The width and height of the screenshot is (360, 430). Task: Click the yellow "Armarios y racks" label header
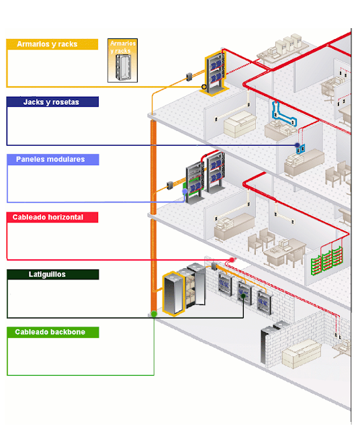coord(52,44)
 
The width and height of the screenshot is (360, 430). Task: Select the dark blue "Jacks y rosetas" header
coord(52,101)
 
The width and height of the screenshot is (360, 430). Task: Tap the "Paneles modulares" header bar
coord(53,159)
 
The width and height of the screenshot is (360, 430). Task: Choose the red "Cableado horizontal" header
coord(52,217)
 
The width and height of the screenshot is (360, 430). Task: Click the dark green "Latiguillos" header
coord(53,274)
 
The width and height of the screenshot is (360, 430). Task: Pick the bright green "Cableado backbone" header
coord(53,332)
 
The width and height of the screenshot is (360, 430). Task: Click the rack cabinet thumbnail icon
coord(122,60)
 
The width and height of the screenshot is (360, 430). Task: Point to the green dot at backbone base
coord(154,314)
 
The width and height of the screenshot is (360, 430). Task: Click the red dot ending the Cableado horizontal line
coord(232,260)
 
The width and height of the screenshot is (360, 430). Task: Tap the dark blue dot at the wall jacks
coord(298,145)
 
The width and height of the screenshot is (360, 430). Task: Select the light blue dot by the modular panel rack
coord(185,191)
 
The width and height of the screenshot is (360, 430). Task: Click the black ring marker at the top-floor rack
coord(204,87)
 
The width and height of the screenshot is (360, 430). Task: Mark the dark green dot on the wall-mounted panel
coord(243,296)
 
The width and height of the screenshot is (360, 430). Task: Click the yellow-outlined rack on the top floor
coord(215,73)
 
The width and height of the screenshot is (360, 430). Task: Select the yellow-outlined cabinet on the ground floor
coord(173,294)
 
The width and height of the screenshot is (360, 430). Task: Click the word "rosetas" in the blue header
coord(66,102)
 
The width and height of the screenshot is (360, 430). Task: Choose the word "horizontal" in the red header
coord(65,217)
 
